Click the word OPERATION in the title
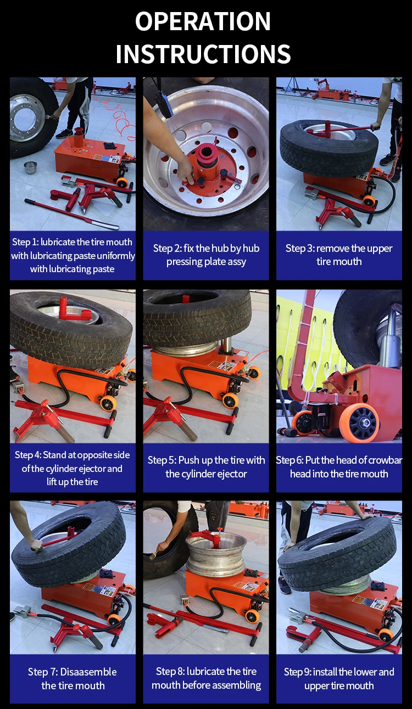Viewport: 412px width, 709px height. [x=203, y=21]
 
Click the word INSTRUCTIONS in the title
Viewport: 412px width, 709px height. [x=203, y=54]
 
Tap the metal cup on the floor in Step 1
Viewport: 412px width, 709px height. [x=30, y=167]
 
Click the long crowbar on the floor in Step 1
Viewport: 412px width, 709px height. [x=71, y=214]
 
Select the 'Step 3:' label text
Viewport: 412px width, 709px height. [x=300, y=249]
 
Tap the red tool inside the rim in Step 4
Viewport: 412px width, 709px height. [x=74, y=310]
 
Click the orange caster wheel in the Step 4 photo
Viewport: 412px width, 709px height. [x=108, y=403]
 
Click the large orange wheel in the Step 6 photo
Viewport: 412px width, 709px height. [x=359, y=422]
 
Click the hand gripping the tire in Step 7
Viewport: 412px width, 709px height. [x=36, y=545]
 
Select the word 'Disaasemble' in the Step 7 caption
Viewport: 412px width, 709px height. [x=88, y=672]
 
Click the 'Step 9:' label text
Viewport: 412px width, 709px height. [x=297, y=672]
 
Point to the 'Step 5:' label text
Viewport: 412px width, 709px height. [x=162, y=460]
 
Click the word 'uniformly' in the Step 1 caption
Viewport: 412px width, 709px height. [x=116, y=256]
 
